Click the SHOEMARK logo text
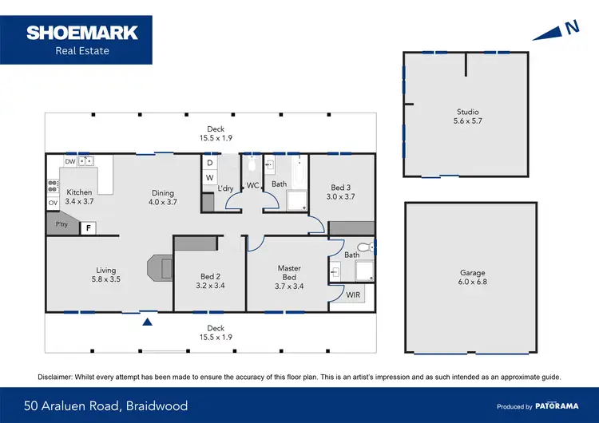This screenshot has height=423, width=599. (x=82, y=33)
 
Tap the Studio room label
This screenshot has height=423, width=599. (x=467, y=117)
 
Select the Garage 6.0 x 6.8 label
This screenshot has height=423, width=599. (x=472, y=277)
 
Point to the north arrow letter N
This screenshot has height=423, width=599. (x=571, y=27)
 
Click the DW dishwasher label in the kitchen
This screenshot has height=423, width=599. (x=70, y=161)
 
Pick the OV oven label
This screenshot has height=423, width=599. (x=53, y=203)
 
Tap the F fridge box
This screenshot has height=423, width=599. (x=89, y=228)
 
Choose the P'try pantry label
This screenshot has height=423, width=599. (x=61, y=224)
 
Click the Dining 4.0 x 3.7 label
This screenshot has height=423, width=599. (x=163, y=197)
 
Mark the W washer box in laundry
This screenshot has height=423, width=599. (x=209, y=177)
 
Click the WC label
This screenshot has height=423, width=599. (x=252, y=185)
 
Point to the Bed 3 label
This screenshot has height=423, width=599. (x=339, y=192)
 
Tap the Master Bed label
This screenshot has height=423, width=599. (x=288, y=273)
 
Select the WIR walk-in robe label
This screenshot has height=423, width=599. (x=353, y=295)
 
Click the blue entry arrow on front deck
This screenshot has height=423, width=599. (x=147, y=322)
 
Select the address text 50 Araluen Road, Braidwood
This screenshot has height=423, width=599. (x=106, y=405)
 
